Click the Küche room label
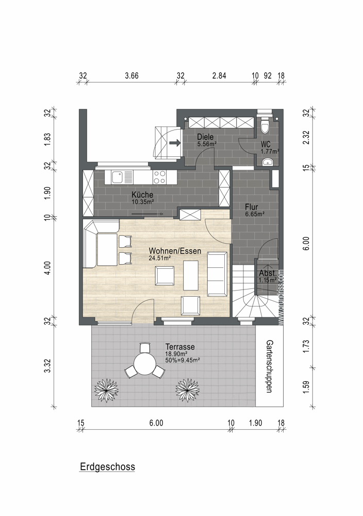pos(142,195)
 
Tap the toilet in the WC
pos(265,124)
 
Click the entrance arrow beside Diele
pos(175,143)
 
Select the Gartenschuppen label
pos(269,366)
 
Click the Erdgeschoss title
pos(107,466)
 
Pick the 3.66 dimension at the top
pos(132,76)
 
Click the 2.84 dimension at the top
pos(219,76)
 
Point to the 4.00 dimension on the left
pos(47,268)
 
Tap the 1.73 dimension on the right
pos(306,346)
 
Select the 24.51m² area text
pos(159,258)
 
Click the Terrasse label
pos(180,347)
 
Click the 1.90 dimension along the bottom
pos(255,423)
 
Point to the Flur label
pos(252,207)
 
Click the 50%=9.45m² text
pos(183,360)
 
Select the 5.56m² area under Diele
pos(206,144)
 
